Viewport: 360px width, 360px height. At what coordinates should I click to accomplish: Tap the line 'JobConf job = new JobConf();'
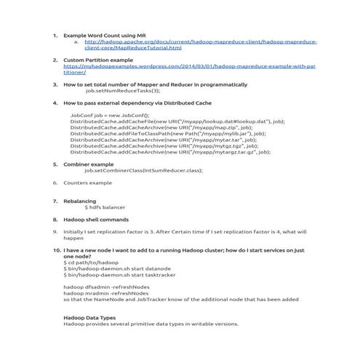[109, 115]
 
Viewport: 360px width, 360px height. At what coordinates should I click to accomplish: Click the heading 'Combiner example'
[89, 164]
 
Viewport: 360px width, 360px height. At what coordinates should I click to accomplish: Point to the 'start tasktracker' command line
[119, 273]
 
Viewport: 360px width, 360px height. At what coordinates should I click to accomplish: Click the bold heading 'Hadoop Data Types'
[89, 317]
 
